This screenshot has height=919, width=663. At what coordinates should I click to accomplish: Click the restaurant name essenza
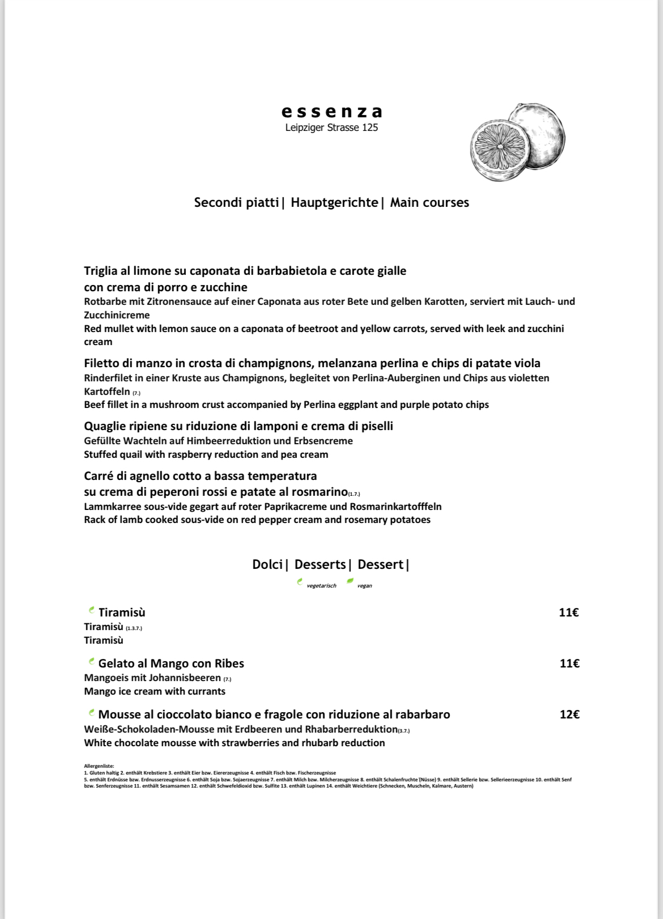coord(331,111)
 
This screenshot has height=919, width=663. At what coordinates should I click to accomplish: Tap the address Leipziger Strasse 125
coord(331,127)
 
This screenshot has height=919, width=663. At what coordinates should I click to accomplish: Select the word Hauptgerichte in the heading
coord(334,202)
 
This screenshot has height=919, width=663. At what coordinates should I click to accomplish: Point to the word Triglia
coord(101,271)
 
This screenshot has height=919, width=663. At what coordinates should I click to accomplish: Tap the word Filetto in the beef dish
coord(101,363)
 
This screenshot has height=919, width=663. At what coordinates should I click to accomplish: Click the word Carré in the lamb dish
coord(99,475)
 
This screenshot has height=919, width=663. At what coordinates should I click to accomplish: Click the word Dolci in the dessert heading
coord(267,564)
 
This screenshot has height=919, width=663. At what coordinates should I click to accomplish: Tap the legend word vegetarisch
coord(321,586)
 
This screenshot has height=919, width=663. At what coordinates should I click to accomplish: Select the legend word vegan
coord(365,586)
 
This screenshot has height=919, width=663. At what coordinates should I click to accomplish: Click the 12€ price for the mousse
coord(569,714)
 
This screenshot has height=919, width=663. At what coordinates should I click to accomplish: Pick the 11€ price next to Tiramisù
coord(568,612)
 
